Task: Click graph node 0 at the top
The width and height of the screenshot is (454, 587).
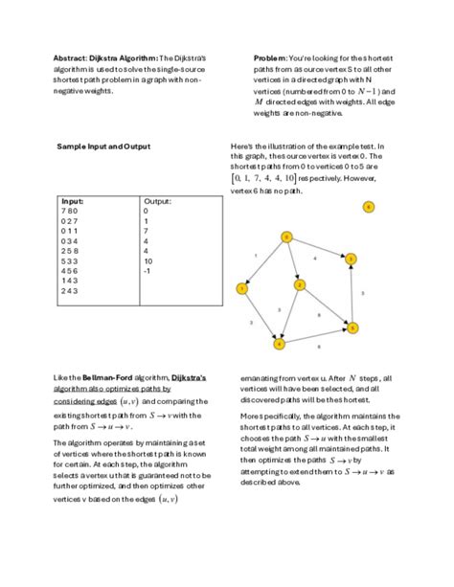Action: (285, 237)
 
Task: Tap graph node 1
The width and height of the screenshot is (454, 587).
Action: (242, 287)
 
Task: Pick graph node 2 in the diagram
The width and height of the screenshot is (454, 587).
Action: (299, 284)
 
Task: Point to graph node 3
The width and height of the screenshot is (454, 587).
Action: (352, 259)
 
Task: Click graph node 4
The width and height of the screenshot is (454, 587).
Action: (280, 342)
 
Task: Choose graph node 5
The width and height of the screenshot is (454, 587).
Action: (352, 327)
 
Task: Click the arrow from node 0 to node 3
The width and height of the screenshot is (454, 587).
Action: (318, 247)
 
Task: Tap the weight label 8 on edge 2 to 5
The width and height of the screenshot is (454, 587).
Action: (318, 313)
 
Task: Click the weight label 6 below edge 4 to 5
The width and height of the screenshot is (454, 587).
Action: (318, 347)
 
